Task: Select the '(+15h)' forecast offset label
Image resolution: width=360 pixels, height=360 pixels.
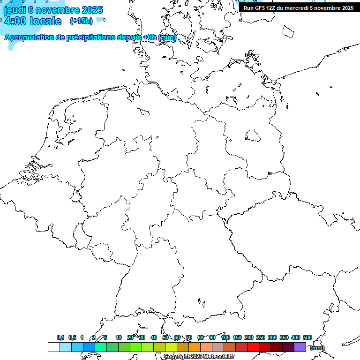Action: (81, 21)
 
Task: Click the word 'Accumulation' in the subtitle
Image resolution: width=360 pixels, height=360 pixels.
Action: (28, 37)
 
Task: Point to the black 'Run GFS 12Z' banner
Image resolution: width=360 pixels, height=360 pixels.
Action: (298, 8)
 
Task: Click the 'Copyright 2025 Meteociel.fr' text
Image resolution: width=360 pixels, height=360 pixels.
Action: (199, 357)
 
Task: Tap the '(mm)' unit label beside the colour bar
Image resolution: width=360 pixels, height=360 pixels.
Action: (317, 348)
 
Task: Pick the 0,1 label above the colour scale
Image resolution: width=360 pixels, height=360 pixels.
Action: (60, 337)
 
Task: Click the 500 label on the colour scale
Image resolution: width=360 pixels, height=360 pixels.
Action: (307, 337)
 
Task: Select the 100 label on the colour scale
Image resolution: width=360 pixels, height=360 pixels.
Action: (225, 337)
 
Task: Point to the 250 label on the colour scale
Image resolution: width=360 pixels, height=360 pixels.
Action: (261, 337)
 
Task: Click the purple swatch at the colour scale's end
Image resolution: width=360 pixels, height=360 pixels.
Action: (300, 347)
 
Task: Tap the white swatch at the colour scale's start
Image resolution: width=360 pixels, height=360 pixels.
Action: (53, 347)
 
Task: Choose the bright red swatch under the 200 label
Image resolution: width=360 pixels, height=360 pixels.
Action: (253, 347)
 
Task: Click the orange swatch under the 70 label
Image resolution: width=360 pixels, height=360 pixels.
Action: (195, 347)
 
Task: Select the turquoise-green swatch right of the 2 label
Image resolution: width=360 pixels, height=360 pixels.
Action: (100, 347)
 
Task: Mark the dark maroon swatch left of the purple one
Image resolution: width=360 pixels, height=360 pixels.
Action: (288, 347)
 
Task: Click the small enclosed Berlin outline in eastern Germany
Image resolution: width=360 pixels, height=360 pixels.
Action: (253, 135)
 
